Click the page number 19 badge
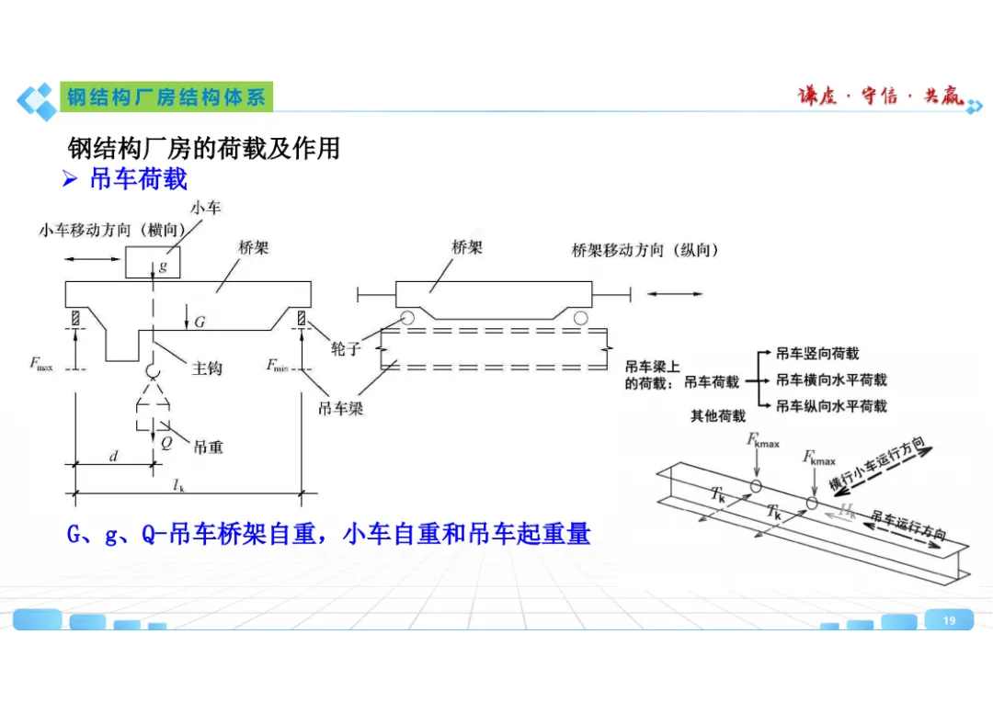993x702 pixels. [950, 621]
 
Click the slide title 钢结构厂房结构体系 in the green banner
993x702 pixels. [166, 96]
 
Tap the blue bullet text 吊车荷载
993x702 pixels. [138, 178]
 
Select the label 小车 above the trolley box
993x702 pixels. [205, 209]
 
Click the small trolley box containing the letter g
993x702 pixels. [153, 262]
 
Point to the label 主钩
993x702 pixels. [206, 368]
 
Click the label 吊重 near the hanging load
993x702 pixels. [208, 447]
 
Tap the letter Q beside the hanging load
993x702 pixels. [165, 441]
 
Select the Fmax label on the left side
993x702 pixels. [41, 365]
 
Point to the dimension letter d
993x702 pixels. [114, 454]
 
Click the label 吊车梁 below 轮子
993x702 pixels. [340, 408]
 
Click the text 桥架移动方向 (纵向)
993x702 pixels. [645, 250]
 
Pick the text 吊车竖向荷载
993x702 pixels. [817, 354]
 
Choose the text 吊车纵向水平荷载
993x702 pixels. [831, 405]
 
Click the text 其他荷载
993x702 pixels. [718, 416]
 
